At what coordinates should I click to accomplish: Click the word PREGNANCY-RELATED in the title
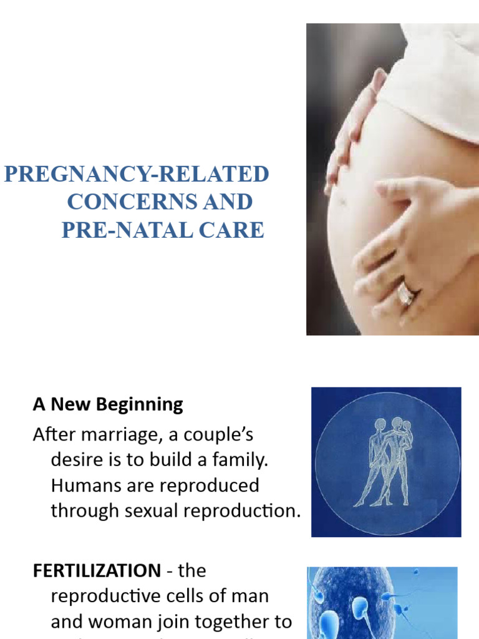pos(137,175)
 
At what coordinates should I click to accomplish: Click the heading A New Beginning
pos(108,404)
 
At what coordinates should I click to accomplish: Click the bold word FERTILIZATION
pos(97,570)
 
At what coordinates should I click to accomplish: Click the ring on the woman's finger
pos(406,293)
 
